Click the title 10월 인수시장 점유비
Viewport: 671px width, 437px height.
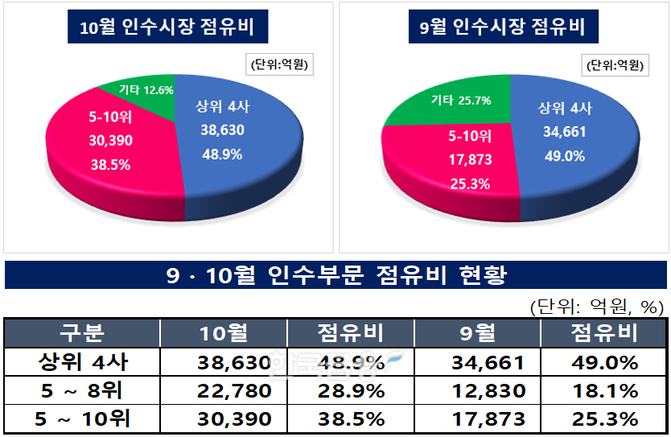(167, 29)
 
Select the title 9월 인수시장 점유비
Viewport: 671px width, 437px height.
(503, 29)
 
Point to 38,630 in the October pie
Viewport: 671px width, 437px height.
(220, 130)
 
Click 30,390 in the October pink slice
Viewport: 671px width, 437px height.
(111, 140)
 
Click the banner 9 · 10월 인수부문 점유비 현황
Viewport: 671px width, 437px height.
(336, 276)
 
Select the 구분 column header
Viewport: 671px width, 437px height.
(82, 332)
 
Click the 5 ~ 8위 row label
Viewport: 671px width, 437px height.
(82, 391)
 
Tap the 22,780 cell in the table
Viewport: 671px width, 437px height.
(234, 391)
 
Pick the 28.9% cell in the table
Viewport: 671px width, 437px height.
(349, 391)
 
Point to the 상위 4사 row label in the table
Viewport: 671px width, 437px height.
(82, 363)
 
